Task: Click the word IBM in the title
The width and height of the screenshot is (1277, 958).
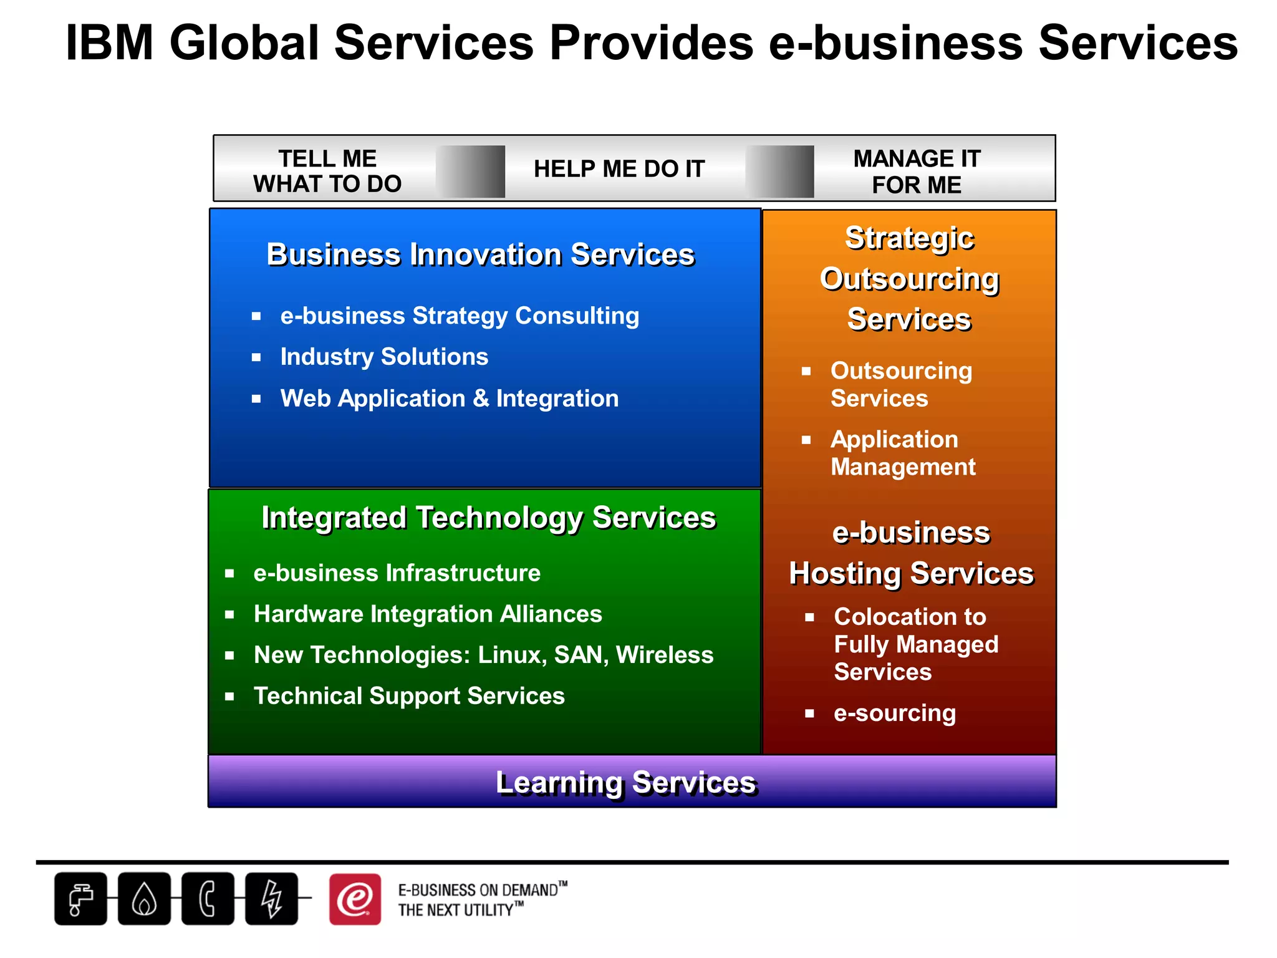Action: pos(110,44)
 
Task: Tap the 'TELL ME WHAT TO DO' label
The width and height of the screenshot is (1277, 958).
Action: pos(327,171)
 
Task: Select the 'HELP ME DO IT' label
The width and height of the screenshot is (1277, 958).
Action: pos(619,169)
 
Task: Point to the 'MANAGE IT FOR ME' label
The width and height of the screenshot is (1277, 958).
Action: pos(917,172)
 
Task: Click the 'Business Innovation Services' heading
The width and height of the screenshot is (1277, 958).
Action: pos(480,254)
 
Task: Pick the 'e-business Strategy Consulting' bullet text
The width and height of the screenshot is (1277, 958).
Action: pos(460,316)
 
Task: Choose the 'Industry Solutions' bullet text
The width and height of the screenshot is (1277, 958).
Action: pos(384,357)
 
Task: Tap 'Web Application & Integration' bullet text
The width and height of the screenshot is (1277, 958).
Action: pos(450,399)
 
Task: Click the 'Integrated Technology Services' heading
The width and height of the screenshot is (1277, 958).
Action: pos(489,518)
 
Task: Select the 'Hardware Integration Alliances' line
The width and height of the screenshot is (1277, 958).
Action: pos(428,614)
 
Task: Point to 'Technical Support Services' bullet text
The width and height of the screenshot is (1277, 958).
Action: pos(409,696)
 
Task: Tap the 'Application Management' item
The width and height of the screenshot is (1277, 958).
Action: pos(903,453)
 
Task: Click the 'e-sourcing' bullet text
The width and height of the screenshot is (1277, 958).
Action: pos(895,713)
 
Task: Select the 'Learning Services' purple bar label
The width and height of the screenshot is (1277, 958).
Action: pos(626,783)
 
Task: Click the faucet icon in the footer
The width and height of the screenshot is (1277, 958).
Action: pos(80,899)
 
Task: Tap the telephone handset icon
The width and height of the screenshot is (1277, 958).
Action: pos(208,899)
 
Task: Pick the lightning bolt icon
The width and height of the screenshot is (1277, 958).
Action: pos(271,899)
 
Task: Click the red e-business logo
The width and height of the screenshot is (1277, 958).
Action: pos(355,899)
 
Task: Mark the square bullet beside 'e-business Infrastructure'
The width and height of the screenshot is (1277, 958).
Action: pos(229,574)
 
